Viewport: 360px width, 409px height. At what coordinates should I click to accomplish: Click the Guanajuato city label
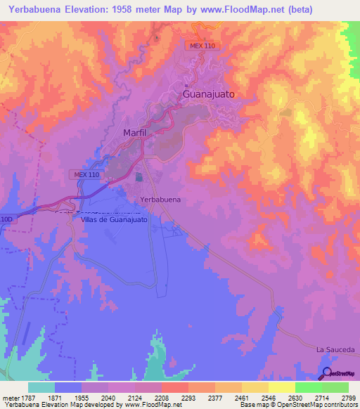click(x=208, y=93)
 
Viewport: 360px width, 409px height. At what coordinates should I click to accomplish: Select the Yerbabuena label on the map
click(x=160, y=200)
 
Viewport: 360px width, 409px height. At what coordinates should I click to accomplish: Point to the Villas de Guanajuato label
click(x=114, y=220)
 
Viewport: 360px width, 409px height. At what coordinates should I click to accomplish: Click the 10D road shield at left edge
click(x=7, y=219)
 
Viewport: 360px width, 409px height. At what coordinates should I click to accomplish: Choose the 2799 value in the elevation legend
click(x=349, y=398)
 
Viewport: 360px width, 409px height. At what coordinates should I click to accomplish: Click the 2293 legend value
click(x=188, y=398)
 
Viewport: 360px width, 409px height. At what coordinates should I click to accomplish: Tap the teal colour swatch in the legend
click(x=41, y=387)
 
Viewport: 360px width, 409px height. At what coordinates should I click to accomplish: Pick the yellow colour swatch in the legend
click(x=281, y=387)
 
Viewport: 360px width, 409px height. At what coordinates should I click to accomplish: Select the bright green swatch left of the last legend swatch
click(x=308, y=387)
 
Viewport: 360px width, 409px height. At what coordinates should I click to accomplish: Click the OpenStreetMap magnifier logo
click(x=327, y=373)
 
